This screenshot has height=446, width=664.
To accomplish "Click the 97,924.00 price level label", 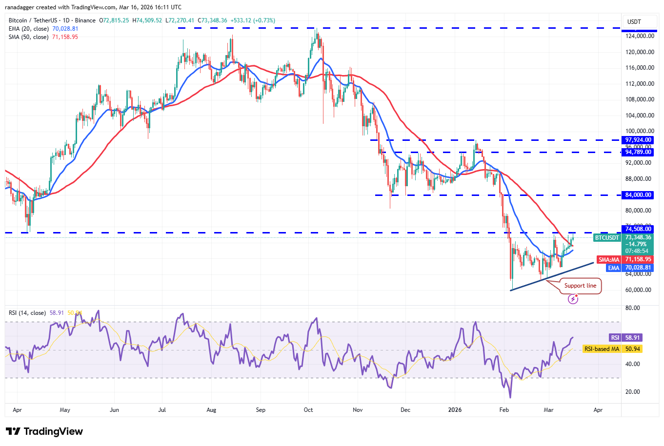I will [x=638, y=140].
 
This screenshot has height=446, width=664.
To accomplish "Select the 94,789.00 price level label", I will [x=638, y=152].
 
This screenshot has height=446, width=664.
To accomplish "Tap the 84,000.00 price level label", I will [x=638, y=195].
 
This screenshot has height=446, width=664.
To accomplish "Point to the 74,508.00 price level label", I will [x=638, y=229].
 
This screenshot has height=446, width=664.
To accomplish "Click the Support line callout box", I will [x=580, y=286].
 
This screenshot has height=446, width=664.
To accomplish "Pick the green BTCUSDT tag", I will [x=607, y=238].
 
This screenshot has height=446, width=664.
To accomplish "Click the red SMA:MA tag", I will [x=609, y=260].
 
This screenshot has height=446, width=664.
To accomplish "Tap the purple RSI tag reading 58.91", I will [x=615, y=337].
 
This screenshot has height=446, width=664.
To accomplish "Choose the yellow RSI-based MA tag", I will [x=602, y=349].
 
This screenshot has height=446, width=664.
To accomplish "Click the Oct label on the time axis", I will [x=308, y=410].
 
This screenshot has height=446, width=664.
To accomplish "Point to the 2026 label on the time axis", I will [x=455, y=410].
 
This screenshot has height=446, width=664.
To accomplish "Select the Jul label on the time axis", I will [x=162, y=410].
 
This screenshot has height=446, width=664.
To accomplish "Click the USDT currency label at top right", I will [x=634, y=22].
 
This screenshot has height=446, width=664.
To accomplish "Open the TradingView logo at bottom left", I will [x=44, y=431].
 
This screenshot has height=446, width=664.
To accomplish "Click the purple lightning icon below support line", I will [x=573, y=299].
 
